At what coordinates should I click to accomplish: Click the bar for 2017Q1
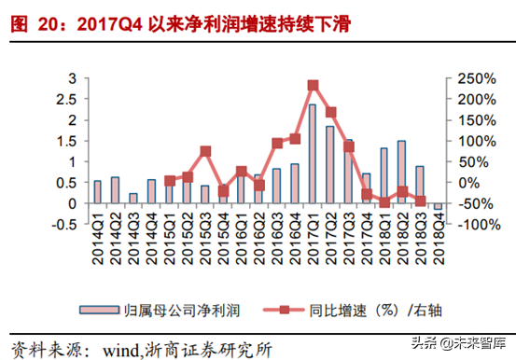(x=312, y=154)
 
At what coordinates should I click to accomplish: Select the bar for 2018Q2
(x=401, y=172)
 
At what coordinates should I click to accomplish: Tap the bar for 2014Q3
(x=133, y=198)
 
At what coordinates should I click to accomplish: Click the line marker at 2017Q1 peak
(x=313, y=86)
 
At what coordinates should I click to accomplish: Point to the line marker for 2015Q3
(x=205, y=151)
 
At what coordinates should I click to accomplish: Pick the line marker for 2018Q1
(x=384, y=202)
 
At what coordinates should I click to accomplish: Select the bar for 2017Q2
(x=330, y=165)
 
